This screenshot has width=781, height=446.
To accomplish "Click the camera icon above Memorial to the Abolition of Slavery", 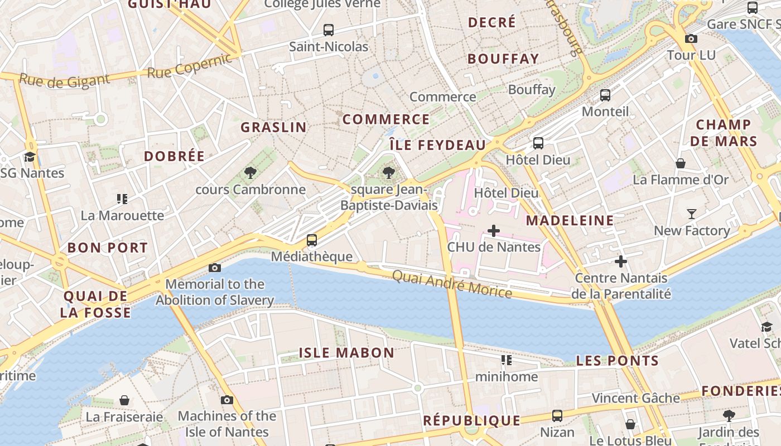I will coord(215,268).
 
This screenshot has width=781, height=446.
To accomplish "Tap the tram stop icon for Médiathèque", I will coord(312,240).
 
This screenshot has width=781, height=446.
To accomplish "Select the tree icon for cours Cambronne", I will coord(250,173).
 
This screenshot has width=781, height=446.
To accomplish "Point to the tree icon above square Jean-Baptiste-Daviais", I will coord(389,173).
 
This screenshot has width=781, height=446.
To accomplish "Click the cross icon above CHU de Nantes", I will coord(494,230).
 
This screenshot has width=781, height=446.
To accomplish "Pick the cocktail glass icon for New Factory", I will coord(692,214).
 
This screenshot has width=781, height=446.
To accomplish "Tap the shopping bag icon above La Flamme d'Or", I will coord(681,163).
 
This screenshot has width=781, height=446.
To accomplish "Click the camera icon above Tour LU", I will coord(691,38).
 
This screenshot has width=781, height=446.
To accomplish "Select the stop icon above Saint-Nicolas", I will coord(329,30).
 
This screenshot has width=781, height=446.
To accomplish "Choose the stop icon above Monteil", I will coord(605,95).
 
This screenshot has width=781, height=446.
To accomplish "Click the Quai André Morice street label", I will coord(452,284).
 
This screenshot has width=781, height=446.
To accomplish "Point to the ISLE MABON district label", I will coord(346,353).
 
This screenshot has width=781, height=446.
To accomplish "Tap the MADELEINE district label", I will coord(570,220).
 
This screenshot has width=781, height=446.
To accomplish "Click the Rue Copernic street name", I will coord(189,66).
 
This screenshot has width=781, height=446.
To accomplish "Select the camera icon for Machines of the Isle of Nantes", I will coord(226,400).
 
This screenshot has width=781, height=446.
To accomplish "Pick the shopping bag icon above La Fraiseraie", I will coord(124,400).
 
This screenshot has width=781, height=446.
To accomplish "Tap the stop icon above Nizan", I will coord(557,415).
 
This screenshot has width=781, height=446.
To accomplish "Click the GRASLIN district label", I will coord(273,127).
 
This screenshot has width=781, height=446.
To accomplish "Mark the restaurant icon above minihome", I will coord(506,360).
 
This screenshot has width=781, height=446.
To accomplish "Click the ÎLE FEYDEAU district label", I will coord(437,145).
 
